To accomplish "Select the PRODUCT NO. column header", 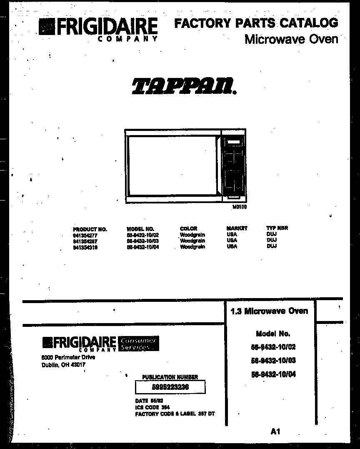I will pyautogui.click(x=90, y=229).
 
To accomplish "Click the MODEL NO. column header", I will pyautogui.click(x=140, y=229).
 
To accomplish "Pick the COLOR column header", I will pyautogui.click(x=188, y=228).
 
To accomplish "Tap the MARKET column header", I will pyautogui.click(x=237, y=228).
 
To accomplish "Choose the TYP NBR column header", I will pyautogui.click(x=277, y=228).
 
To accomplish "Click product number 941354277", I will pyautogui.click(x=85, y=235).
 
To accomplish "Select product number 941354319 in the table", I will pyautogui.click(x=85, y=247).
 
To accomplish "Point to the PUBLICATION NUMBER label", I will pyautogui.click(x=170, y=377).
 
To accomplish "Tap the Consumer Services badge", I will pyautogui.click(x=138, y=344).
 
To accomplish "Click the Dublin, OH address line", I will pyautogui.click(x=63, y=365).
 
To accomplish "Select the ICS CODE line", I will pyautogui.click(x=152, y=407).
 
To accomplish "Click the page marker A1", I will pyautogui.click(x=275, y=431).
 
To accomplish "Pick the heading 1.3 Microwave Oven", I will pyautogui.click(x=269, y=311).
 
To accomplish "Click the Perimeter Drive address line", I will pyautogui.click(x=68, y=357).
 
